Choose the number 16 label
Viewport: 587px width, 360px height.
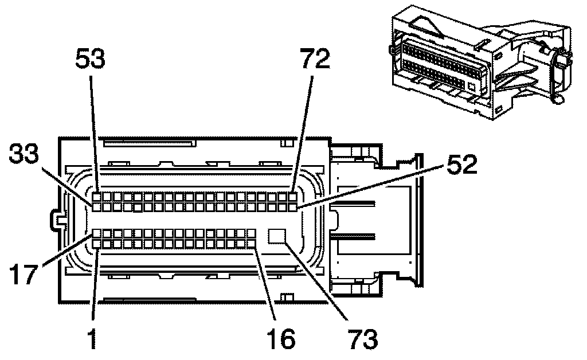pos(280,339)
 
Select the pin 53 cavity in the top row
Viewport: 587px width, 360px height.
pos(97,196)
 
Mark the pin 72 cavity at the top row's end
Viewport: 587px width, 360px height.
pos(294,196)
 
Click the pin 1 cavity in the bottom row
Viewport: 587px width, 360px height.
pos(97,244)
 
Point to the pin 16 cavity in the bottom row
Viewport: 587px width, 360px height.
pos(252,244)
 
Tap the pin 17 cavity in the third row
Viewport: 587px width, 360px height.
pos(97,234)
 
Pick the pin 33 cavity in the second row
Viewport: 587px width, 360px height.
pos(97,206)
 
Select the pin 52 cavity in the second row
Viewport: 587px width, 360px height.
pos(294,206)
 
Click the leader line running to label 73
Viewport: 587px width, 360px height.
pos(321,281)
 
